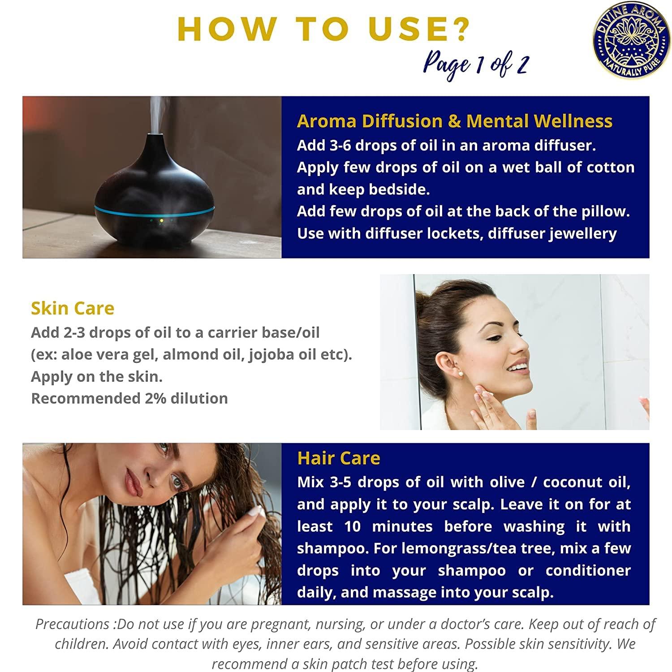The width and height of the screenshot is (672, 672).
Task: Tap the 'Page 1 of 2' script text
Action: [476, 65]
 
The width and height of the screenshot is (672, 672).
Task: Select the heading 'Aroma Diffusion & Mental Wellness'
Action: [454, 121]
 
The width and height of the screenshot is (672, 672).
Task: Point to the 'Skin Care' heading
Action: [73, 308]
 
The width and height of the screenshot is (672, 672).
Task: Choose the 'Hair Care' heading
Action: [339, 458]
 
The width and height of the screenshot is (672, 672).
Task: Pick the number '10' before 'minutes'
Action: [353, 526]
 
